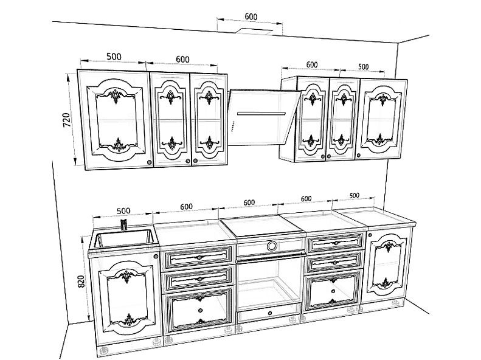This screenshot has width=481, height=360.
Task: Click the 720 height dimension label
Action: (x=67, y=120)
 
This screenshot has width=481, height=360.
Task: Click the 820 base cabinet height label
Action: (x=81, y=281)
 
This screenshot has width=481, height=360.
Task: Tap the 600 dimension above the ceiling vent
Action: (x=251, y=16)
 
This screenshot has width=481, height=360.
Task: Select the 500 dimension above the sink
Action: (x=123, y=211)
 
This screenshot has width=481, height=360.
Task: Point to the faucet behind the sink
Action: (x=123, y=225)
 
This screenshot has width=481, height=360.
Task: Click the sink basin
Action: (x=123, y=238)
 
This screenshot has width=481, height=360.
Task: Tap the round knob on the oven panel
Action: (x=271, y=246)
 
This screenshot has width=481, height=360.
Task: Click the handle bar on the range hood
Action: (x=261, y=114)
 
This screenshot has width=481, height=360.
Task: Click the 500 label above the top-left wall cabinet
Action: (x=114, y=57)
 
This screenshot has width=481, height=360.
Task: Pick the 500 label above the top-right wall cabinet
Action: (x=363, y=66)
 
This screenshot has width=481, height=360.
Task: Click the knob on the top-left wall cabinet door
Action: (x=150, y=162)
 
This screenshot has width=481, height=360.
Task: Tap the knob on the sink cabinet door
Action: (x=156, y=256)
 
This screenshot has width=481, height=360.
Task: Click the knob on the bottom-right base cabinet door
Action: (x=370, y=235)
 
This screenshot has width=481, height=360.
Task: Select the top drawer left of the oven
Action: (x=198, y=257)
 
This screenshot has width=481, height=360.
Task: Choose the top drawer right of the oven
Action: (x=335, y=242)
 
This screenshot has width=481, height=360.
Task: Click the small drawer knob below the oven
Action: (x=269, y=313)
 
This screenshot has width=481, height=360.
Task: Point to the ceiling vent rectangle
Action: (x=255, y=30)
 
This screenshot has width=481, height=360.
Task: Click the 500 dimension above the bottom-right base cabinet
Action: (x=354, y=195)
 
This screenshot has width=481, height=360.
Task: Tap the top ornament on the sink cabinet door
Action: (x=126, y=275)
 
